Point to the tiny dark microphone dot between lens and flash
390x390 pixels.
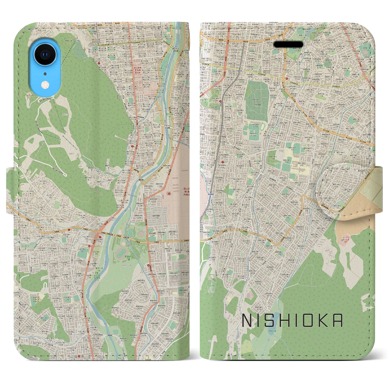45,73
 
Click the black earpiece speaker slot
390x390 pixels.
289,45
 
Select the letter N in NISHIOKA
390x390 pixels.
247,321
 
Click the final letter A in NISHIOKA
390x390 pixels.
337,321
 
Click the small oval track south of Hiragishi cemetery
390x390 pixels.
263,126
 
